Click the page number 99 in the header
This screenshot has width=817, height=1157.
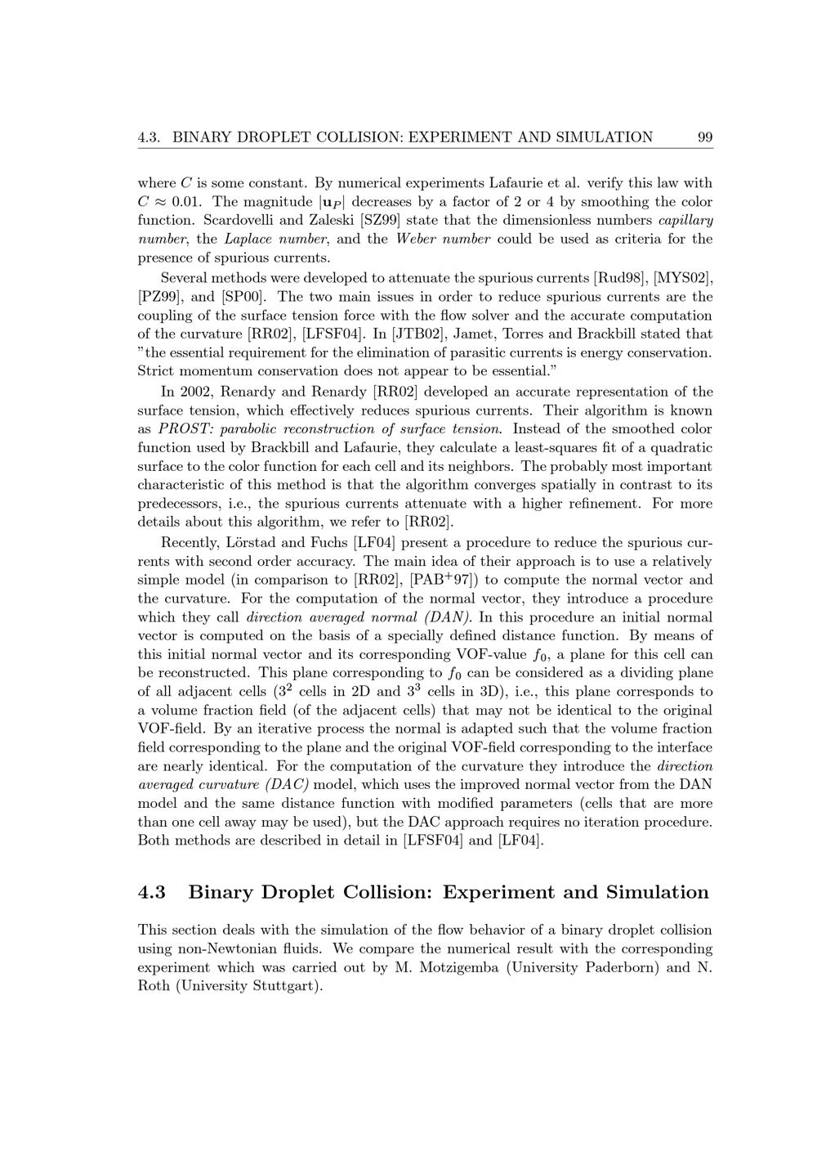tap(705, 137)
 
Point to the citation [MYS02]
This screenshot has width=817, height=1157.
tap(683, 278)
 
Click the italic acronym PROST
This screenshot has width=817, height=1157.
tap(184, 429)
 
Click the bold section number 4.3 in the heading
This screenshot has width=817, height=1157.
tap(152, 892)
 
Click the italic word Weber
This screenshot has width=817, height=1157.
tap(417, 240)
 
